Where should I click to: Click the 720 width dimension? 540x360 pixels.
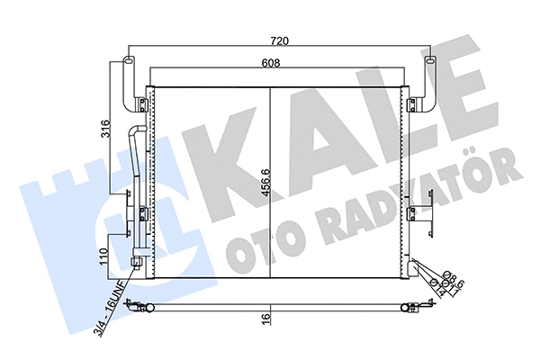279,40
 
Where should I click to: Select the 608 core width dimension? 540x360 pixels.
270,63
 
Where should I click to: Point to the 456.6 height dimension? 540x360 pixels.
266,183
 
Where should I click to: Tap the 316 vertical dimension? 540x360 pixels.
106,129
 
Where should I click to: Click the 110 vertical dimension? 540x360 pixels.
105,256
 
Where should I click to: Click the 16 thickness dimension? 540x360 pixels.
266,316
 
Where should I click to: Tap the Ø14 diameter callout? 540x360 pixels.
437,288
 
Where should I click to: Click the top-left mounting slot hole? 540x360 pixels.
128,61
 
